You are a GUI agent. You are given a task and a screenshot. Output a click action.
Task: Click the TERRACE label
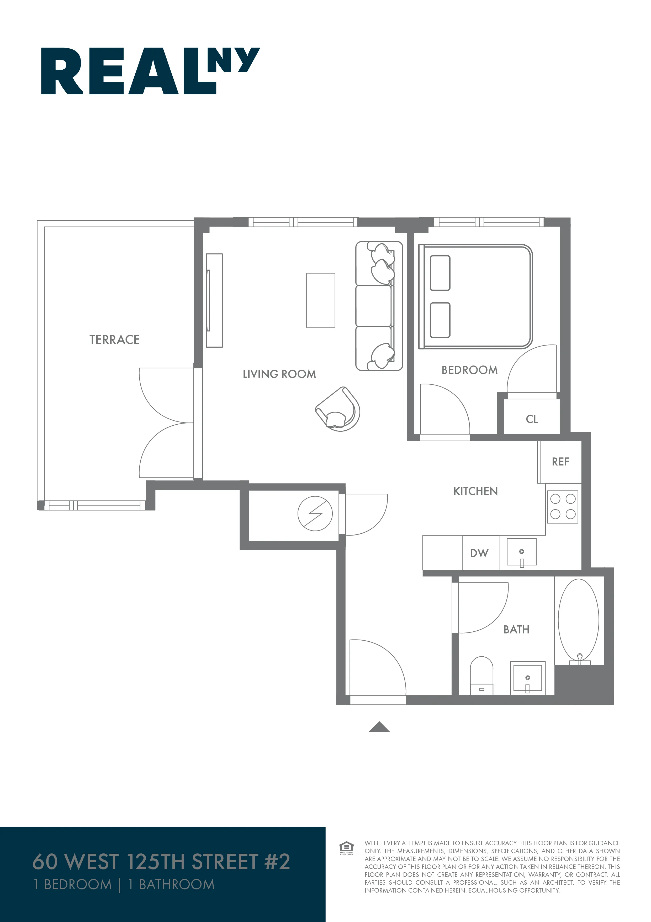click(115, 340)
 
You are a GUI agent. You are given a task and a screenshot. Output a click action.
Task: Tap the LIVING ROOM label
click(279, 374)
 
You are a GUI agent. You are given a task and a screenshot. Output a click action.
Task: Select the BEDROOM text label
click(469, 370)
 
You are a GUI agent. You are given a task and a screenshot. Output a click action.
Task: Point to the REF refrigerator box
click(560, 462)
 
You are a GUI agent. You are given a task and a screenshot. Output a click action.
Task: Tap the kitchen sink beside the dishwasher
click(521, 553)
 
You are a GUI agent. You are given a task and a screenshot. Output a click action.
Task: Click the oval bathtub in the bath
click(578, 620)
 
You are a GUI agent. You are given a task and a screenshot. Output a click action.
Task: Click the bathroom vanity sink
click(527, 679)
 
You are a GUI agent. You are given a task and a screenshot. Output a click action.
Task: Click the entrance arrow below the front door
click(379, 727)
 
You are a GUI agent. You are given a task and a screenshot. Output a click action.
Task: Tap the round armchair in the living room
click(339, 410)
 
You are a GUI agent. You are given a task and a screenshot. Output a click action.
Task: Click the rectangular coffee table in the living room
click(320, 300)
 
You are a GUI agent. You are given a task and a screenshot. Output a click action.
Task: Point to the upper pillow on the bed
click(440, 273)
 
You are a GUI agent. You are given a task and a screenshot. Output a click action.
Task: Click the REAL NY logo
click(150, 71)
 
